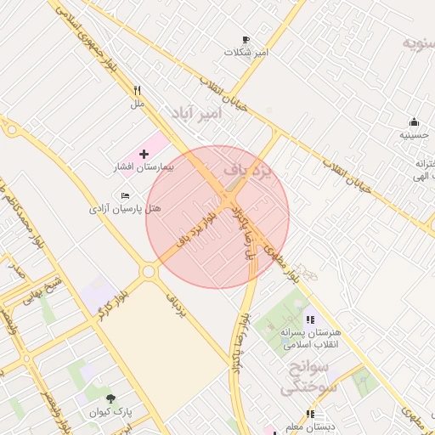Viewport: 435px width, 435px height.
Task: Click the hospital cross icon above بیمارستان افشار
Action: coord(143,155)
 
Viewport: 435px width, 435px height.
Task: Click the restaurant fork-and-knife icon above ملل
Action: coord(137,90)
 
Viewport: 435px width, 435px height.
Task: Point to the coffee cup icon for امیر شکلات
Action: coord(246,40)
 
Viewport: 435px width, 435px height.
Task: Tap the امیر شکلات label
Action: coord(246,53)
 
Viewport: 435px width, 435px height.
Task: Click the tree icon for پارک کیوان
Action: coord(110,398)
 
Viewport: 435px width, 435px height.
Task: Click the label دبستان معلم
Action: coord(309,427)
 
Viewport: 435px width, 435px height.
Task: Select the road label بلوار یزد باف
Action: coord(194,227)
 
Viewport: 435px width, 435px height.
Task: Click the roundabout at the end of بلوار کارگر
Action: coord(150,272)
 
